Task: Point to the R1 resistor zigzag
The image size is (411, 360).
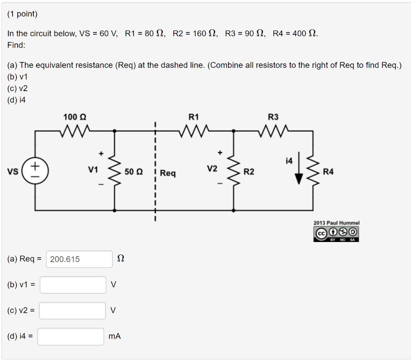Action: (194, 130)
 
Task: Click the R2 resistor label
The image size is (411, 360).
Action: (249, 172)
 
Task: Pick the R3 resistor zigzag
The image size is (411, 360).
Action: (273, 130)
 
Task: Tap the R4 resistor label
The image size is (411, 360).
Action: (328, 172)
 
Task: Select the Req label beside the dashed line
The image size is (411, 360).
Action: (168, 173)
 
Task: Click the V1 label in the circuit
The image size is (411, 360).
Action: (93, 170)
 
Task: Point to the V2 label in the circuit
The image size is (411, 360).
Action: (212, 169)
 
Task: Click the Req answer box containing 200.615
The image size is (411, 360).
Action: (79, 259)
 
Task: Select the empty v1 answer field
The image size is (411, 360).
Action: (73, 285)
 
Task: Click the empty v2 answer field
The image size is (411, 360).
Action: (72, 311)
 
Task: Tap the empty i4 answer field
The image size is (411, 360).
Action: (71, 336)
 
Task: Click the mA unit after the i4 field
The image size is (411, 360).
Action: (114, 336)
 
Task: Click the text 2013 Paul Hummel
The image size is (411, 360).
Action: (336, 223)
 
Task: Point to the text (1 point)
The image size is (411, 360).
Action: (22, 14)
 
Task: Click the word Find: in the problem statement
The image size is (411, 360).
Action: (16, 45)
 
